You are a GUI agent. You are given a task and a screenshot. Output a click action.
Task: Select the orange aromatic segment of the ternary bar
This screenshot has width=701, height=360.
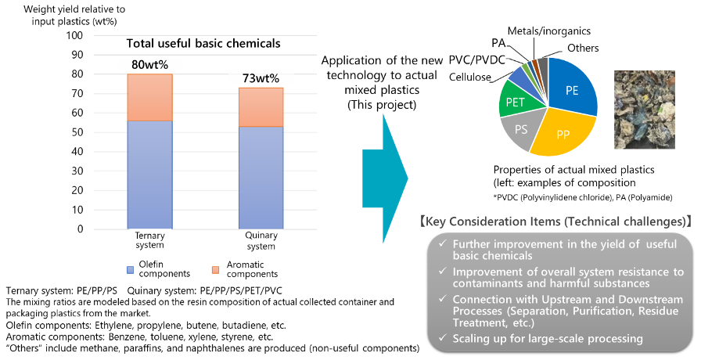pos(149,98)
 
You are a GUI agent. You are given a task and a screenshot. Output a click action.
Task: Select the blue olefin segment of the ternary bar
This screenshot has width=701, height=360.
pos(149,174)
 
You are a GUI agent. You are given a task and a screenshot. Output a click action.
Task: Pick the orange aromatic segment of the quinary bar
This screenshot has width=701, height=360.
pos(261,107)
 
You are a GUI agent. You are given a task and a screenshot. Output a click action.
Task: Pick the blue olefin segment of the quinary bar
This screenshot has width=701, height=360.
pos(261,177)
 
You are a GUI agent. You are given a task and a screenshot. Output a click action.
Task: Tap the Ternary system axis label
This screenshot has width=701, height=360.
pos(149,240)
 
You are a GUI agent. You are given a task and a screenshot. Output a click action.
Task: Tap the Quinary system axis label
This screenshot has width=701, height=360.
pos(261,240)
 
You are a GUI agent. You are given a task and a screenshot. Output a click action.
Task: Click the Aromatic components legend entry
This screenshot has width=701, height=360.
pos(249,269)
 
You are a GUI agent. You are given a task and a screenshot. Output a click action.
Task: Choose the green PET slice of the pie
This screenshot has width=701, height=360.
pos(516,102)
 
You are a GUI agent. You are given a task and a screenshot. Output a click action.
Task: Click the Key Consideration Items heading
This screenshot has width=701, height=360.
pos(556,221)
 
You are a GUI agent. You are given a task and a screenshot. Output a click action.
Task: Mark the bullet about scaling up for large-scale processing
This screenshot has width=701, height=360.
pos(547,338)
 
